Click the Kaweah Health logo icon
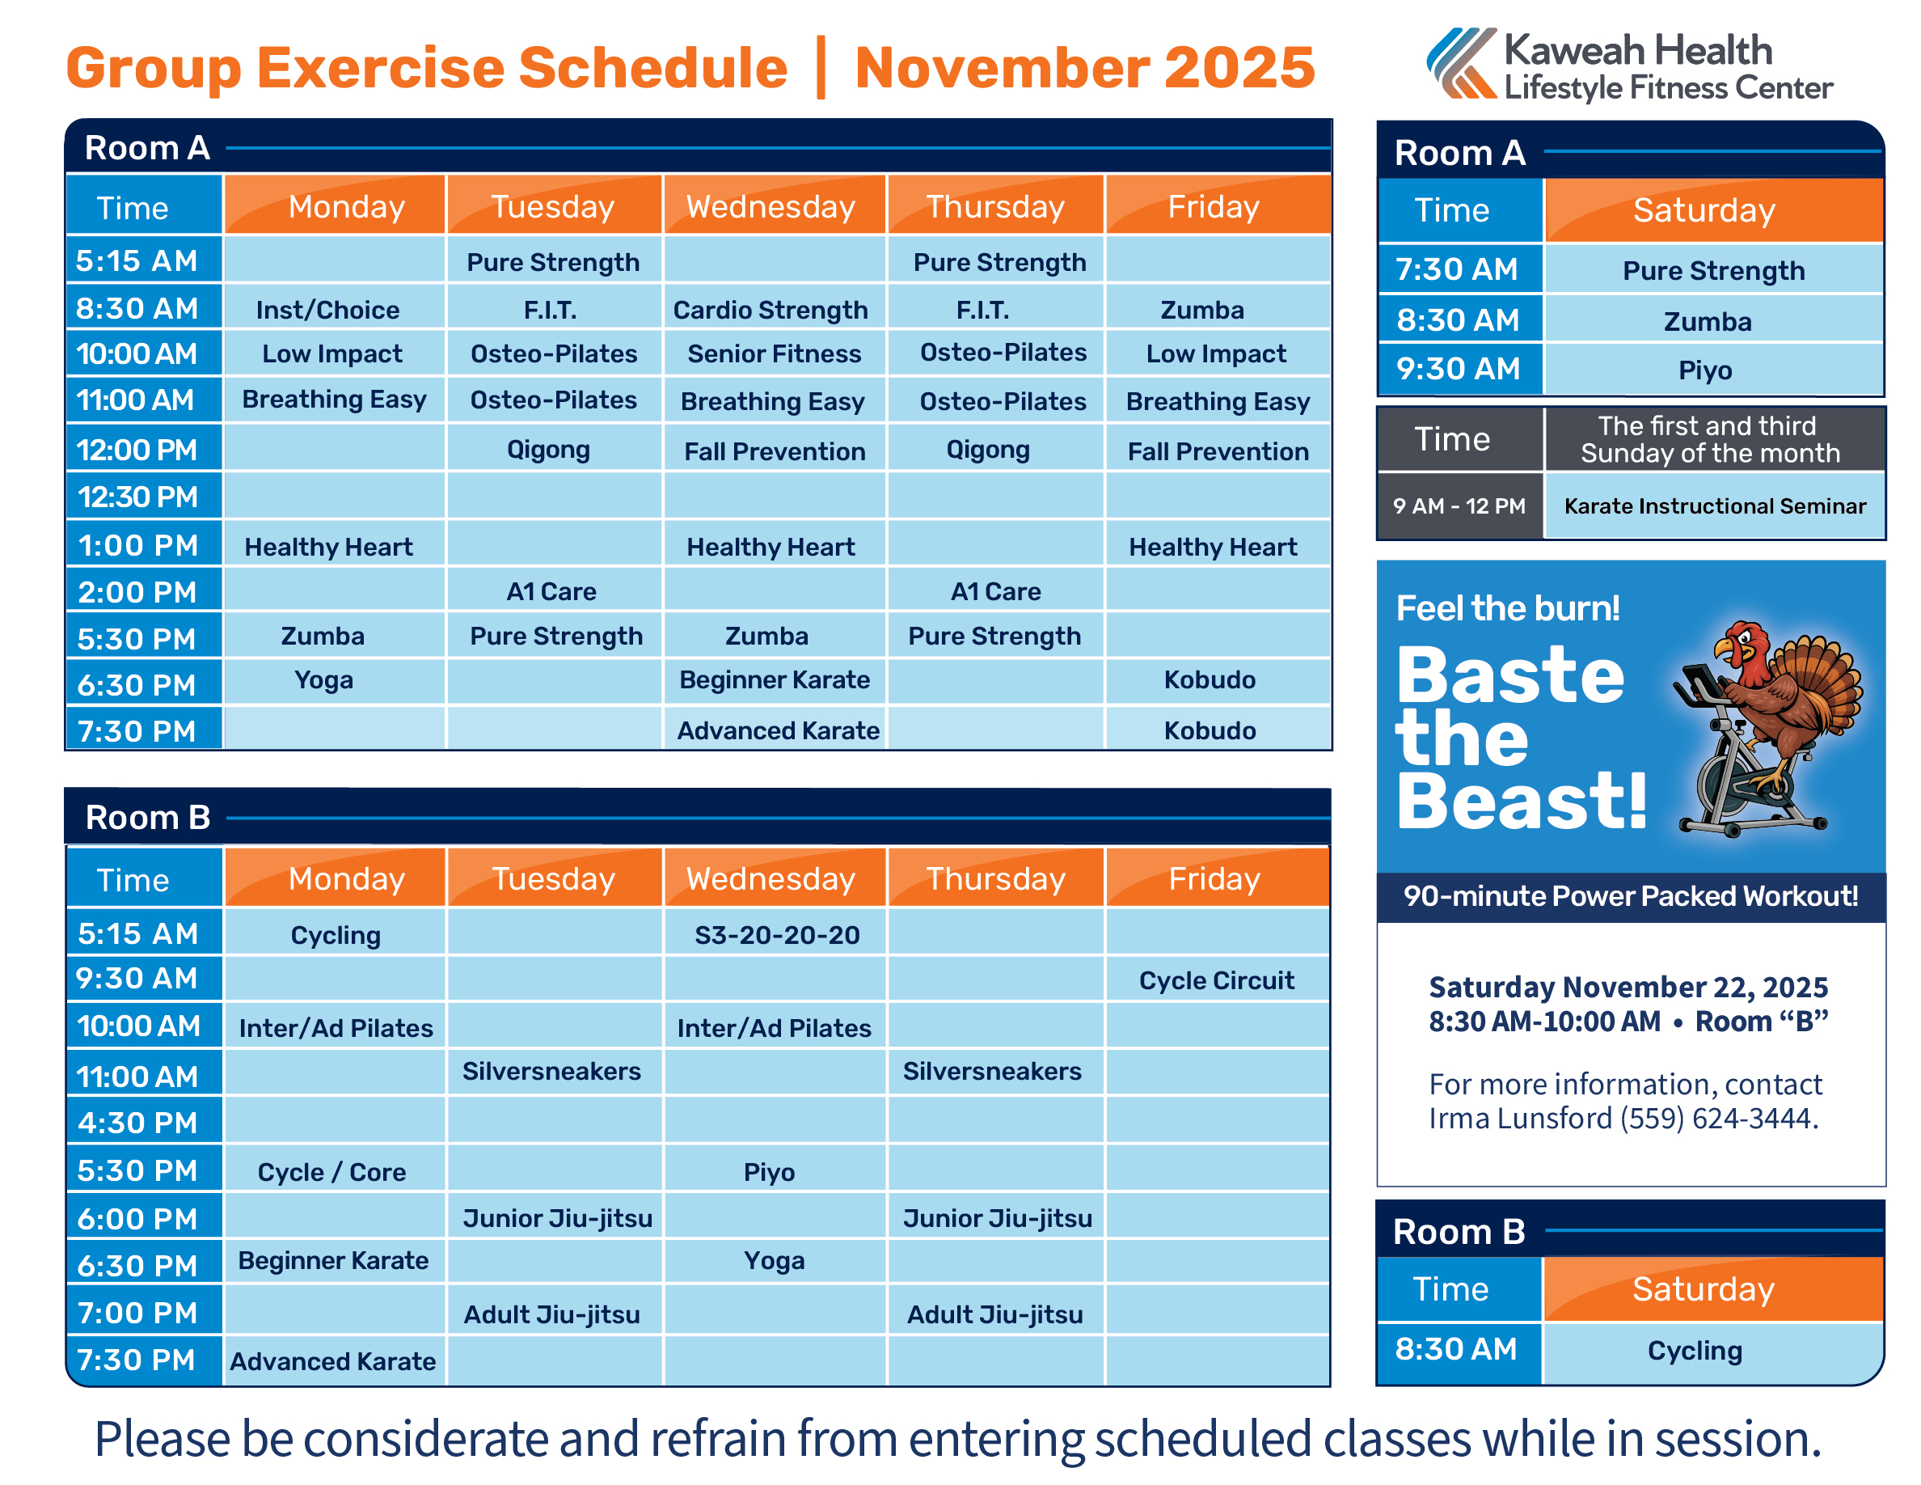tap(1461, 63)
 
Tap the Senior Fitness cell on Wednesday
tap(774, 353)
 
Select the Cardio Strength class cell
tap(771, 310)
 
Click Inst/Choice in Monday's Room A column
tap(327, 310)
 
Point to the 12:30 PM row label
tap(138, 497)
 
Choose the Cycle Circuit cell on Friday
tap(1217, 980)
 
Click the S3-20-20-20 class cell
tap(777, 934)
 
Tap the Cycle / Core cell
tap(331, 1172)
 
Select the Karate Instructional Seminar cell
tap(1714, 506)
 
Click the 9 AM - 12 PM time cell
tap(1459, 506)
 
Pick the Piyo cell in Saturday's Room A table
tap(1704, 370)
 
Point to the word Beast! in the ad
tap(1522, 801)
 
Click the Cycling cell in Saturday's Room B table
tap(1694, 1351)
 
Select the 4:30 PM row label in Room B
tap(138, 1123)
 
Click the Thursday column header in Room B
tap(996, 879)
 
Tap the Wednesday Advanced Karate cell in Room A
tap(778, 730)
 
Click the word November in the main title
tap(999, 68)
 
